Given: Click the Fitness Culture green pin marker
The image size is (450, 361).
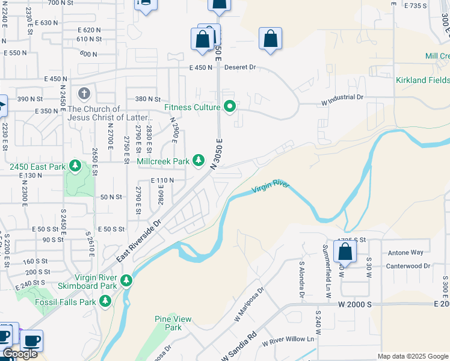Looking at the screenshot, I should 229,107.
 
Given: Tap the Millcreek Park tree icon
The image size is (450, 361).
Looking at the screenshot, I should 199,161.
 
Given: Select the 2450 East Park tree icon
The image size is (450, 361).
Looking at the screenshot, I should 75,165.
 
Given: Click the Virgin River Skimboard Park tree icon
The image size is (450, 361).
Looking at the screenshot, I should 126,280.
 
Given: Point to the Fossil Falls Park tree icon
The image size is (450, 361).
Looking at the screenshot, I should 105,300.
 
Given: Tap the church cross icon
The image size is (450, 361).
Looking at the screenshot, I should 84,94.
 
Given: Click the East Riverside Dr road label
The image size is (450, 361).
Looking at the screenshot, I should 140,240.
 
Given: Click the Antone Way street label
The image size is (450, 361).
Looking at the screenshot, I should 405,252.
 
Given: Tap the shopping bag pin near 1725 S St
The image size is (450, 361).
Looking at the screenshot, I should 345,252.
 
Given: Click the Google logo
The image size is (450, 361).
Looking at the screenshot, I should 20,354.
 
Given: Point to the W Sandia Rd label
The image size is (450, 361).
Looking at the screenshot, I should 239,348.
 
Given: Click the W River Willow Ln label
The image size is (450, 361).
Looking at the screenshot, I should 288,339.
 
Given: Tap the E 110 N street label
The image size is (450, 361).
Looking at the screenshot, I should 162,180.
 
